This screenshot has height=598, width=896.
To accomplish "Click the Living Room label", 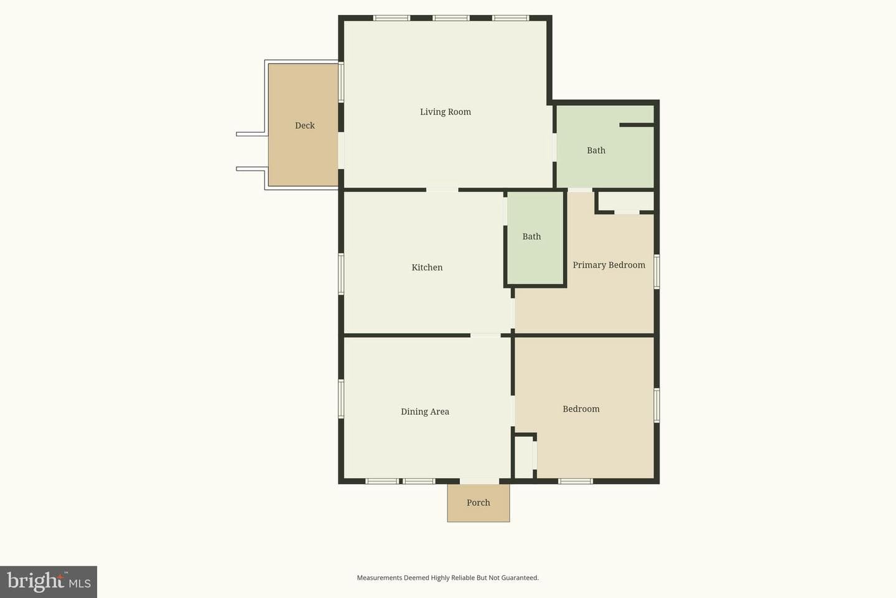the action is pyautogui.click(x=446, y=112).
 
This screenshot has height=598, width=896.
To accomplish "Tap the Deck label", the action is pyautogui.click(x=305, y=125).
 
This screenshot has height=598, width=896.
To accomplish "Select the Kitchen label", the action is pyautogui.click(x=427, y=267).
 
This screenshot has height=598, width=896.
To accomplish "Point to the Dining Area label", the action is pyautogui.click(x=425, y=411).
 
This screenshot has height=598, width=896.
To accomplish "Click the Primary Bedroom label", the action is pyautogui.click(x=609, y=265).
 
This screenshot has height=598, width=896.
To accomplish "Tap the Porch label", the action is pyautogui.click(x=478, y=502).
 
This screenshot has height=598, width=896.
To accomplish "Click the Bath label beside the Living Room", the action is pyautogui.click(x=596, y=150).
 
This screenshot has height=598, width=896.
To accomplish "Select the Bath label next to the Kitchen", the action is pyautogui.click(x=531, y=236).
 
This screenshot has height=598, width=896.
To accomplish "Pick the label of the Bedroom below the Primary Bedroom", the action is pyautogui.click(x=581, y=409).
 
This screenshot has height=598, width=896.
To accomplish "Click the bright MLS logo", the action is pyautogui.click(x=49, y=582).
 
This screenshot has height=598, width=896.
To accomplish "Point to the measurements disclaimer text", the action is pyautogui.click(x=447, y=577).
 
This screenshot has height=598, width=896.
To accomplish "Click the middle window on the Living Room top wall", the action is pyautogui.click(x=450, y=18).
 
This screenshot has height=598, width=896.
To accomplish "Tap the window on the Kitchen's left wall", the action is pyautogui.click(x=341, y=274).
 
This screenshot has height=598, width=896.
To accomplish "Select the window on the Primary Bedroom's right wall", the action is pyautogui.click(x=657, y=271).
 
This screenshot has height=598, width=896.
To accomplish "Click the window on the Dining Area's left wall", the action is pyautogui.click(x=341, y=399).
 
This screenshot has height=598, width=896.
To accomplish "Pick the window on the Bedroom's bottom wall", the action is pyautogui.click(x=576, y=481).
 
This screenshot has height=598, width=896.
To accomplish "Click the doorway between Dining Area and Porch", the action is pyautogui.click(x=479, y=481).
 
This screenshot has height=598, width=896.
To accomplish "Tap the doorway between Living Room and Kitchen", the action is pyautogui.click(x=442, y=189).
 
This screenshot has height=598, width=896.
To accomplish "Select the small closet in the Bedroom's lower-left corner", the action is pyautogui.click(x=524, y=457).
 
